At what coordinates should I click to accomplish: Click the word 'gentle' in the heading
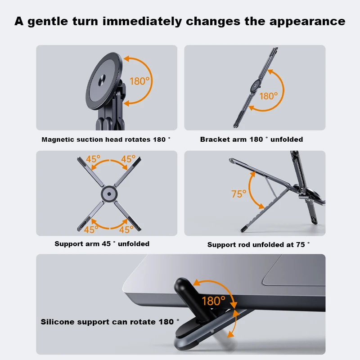[48, 22]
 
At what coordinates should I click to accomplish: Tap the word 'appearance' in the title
[307, 22]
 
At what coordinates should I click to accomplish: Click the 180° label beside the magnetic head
[139, 81]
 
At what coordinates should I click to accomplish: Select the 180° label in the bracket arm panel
[269, 96]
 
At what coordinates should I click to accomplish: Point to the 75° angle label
[239, 194]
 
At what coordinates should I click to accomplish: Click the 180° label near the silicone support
[213, 301]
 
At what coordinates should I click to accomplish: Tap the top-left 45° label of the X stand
[93, 159]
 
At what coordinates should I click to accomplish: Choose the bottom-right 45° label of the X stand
[126, 229]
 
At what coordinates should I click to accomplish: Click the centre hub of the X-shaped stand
[109, 194]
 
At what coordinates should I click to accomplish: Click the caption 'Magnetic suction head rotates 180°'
[106, 139]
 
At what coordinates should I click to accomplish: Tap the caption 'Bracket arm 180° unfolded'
[252, 139]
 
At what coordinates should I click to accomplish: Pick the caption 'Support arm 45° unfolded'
[102, 244]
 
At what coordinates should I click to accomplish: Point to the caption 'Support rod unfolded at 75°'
[258, 245]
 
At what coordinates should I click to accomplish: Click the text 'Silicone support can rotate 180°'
[110, 322]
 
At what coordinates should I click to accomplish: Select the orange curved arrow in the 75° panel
[249, 190]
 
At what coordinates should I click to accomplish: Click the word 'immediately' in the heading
[142, 22]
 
